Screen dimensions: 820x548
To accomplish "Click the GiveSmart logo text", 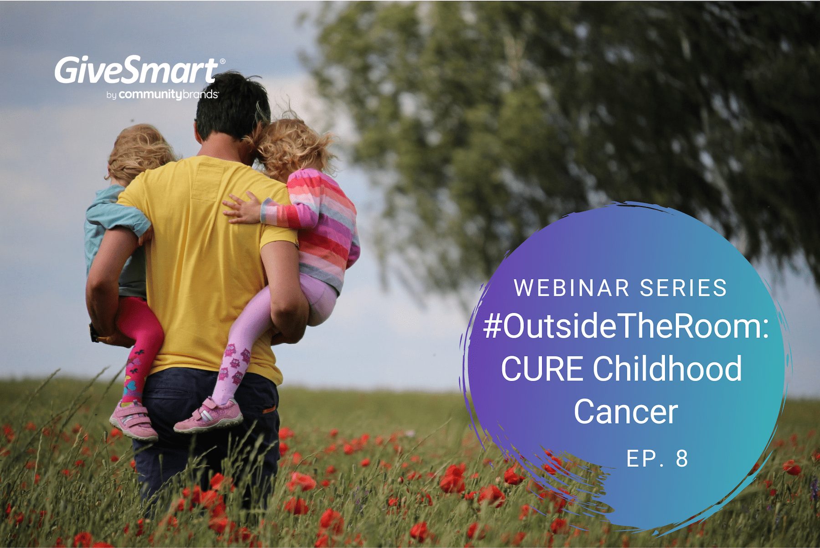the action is click(137, 70).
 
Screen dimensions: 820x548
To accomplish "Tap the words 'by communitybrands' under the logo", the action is click(162, 94).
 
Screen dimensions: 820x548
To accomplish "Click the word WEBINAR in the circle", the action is click(572, 288).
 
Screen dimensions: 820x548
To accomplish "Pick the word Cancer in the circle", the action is click(625, 412).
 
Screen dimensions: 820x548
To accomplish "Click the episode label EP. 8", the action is click(657, 459).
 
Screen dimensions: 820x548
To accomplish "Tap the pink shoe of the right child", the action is click(208, 415).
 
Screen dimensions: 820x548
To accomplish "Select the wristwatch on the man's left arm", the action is click(94, 333).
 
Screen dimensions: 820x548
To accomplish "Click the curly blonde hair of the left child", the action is click(139, 153).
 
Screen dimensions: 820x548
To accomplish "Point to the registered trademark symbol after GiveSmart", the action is click(222, 61).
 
